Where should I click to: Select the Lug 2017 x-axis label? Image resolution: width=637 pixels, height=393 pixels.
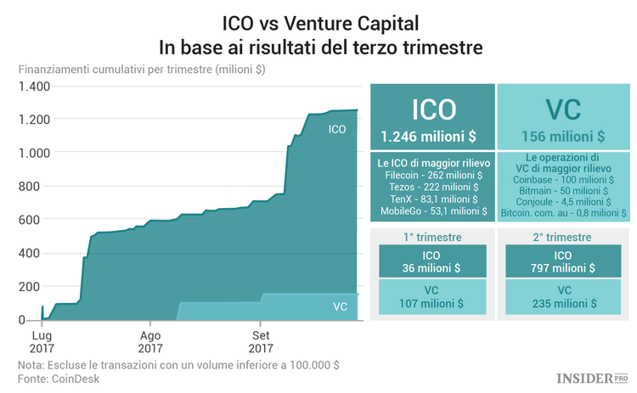(x=41, y=341)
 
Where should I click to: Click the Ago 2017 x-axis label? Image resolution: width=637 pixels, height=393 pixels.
(x=150, y=341)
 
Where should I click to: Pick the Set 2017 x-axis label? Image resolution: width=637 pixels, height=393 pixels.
(x=260, y=341)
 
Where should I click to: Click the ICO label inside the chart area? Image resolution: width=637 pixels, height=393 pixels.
(x=337, y=129)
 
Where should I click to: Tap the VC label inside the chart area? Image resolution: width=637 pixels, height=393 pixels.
(x=340, y=306)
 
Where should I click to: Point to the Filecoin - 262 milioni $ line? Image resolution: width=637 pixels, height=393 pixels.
(x=432, y=175)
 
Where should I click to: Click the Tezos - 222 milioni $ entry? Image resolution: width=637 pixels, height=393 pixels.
(x=432, y=187)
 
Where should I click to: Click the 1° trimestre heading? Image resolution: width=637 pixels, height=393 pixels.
(x=432, y=237)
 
